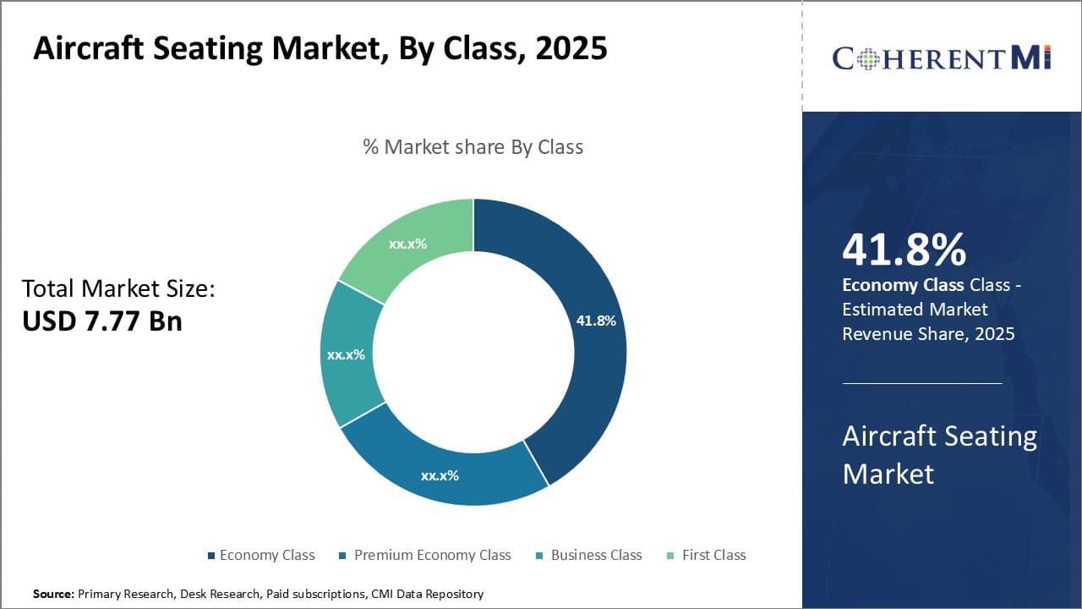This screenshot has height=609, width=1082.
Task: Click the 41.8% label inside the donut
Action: [x=596, y=321]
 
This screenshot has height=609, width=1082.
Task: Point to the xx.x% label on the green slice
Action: [x=407, y=244]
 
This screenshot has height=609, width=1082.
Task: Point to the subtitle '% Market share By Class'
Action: [x=473, y=147]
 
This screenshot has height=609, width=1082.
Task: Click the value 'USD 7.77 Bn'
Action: [x=102, y=321]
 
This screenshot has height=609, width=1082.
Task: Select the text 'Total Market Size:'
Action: [x=118, y=288]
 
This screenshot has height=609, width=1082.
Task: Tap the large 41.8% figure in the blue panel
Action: [x=904, y=250]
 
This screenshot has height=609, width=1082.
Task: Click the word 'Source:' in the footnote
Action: [x=53, y=595]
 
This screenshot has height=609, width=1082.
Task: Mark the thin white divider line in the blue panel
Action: [x=922, y=383]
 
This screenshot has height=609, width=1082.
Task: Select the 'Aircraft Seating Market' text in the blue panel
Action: [x=939, y=454]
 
